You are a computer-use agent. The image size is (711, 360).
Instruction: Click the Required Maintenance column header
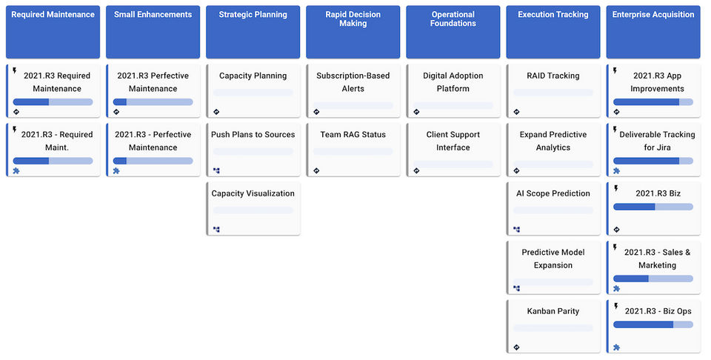[x=53, y=15]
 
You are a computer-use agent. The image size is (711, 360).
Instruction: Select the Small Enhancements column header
[x=153, y=15]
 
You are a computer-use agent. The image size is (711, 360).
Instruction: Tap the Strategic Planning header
[x=253, y=15]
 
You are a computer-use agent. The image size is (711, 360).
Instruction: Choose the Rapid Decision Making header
[x=353, y=19]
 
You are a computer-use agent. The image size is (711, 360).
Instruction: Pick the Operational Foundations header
[x=453, y=19]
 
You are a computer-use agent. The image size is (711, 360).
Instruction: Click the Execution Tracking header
[x=553, y=15]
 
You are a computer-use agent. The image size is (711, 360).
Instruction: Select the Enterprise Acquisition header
[x=652, y=15]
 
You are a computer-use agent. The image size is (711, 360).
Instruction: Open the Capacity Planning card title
[x=253, y=76]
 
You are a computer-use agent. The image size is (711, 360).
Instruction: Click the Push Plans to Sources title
[x=253, y=135]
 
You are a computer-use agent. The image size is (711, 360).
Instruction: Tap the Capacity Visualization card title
[x=253, y=193]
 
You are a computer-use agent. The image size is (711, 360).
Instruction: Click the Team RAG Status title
[x=353, y=135]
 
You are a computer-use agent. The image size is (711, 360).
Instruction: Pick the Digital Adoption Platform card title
[x=453, y=81]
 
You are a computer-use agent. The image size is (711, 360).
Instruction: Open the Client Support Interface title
[x=453, y=141]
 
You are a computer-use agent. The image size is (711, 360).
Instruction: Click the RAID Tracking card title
[x=553, y=76]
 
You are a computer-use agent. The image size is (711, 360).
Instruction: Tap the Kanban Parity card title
[x=553, y=311]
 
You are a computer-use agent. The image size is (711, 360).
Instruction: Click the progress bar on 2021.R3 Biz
[x=652, y=207]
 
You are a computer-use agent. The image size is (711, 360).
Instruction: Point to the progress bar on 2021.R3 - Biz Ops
[x=652, y=324]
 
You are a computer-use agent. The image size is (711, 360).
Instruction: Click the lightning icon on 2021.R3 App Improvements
[x=615, y=71]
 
